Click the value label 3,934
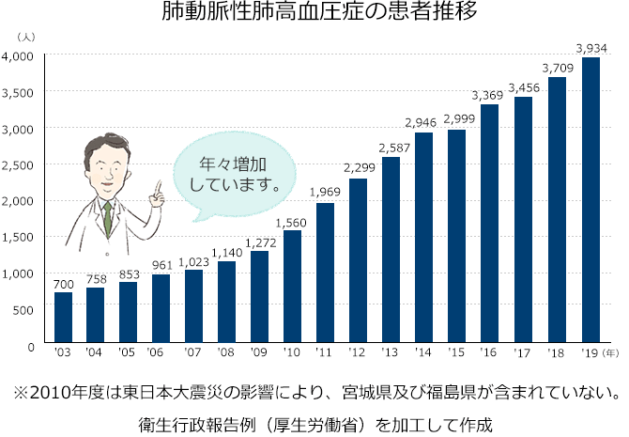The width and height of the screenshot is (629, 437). pos(591,47)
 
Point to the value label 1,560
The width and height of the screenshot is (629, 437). pos(292,221)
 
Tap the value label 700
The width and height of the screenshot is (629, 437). pos(63,283)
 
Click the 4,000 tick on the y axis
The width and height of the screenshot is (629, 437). pos(19,56)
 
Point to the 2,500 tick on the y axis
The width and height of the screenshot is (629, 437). pos(19,165)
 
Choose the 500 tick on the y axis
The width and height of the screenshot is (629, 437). pos(24,310)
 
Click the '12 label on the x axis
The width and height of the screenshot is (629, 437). pos(358,354)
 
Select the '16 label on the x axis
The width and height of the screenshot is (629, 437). pos(489,354)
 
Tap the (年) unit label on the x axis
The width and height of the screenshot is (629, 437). pos(610,354)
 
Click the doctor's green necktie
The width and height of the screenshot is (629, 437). pos(108,217)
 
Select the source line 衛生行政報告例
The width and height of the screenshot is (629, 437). pos(314,422)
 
